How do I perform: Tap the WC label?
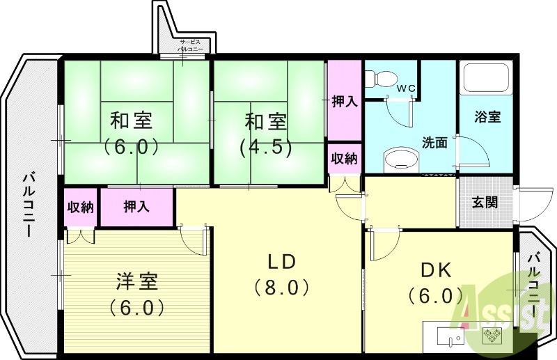[x=406, y=88]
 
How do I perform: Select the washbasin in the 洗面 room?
[x=399, y=159]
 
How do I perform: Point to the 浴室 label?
[x=487, y=116]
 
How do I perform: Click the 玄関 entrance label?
[x=485, y=202]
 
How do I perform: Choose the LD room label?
[x=283, y=261]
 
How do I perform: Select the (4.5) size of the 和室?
[x=265, y=148]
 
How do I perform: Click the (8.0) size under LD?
[x=281, y=286]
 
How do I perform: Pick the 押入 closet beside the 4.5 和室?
[x=344, y=102]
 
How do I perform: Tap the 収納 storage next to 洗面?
[x=344, y=158]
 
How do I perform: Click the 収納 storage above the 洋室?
[x=81, y=207]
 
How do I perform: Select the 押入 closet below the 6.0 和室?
[x=136, y=207]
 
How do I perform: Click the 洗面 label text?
[x=434, y=143]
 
